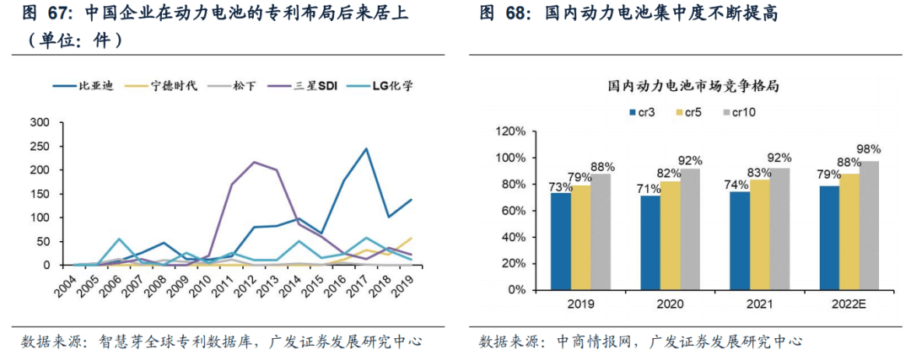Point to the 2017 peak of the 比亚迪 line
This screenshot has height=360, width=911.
coord(366,149)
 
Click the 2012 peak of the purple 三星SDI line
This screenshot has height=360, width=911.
coord(255,162)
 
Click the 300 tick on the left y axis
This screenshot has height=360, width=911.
coord(39,122)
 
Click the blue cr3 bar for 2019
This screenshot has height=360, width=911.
coord(561,241)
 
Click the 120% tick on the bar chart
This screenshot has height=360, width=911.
coord(513,132)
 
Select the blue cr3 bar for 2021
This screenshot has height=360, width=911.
coord(740,240)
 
